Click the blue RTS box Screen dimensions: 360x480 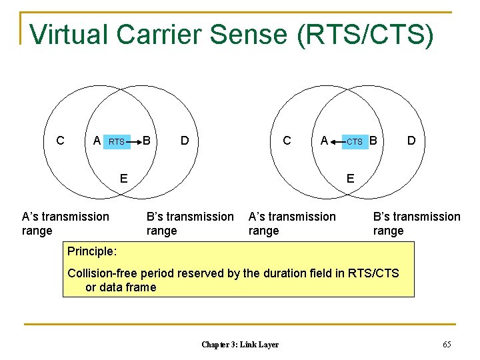click(x=117, y=141)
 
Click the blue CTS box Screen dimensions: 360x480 click(x=355, y=141)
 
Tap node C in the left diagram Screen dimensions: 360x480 click(x=60, y=141)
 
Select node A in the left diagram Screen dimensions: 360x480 click(x=97, y=141)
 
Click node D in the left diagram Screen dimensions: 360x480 click(x=184, y=141)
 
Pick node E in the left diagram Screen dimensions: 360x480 click(x=123, y=178)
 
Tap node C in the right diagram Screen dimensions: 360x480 click(x=287, y=141)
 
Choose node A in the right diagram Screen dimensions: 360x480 click(x=324, y=141)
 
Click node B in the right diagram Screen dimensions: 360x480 click(x=373, y=141)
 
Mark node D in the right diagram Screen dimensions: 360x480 click(x=411, y=141)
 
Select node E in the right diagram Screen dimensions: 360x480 click(x=350, y=178)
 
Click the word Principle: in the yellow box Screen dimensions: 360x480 click(x=92, y=252)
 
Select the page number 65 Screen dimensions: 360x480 click(x=446, y=344)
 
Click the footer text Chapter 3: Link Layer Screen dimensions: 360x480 click(x=240, y=344)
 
